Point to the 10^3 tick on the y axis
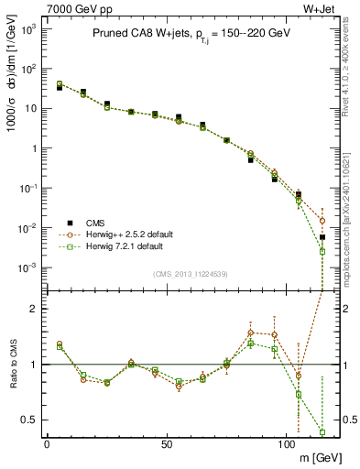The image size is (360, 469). (29, 29)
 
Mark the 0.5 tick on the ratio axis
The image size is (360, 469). (29, 420)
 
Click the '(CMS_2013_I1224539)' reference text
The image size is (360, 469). (191, 274)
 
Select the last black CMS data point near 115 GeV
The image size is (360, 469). (322, 237)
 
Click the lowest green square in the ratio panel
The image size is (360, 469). (322, 432)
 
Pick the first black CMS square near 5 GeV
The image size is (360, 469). (60, 88)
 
